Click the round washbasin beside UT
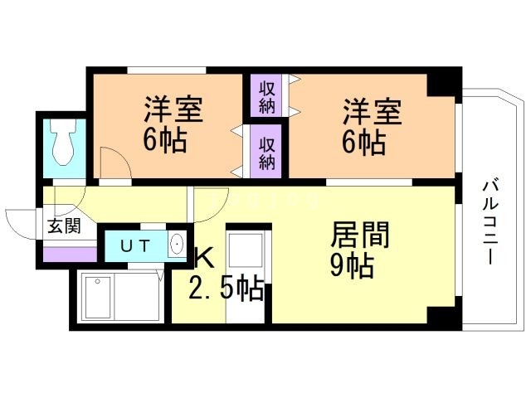click(x=177, y=246)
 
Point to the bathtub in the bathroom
click(x=116, y=297)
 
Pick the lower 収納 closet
click(x=267, y=150)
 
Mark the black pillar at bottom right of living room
click(x=441, y=318)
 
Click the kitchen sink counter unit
click(x=245, y=274)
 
